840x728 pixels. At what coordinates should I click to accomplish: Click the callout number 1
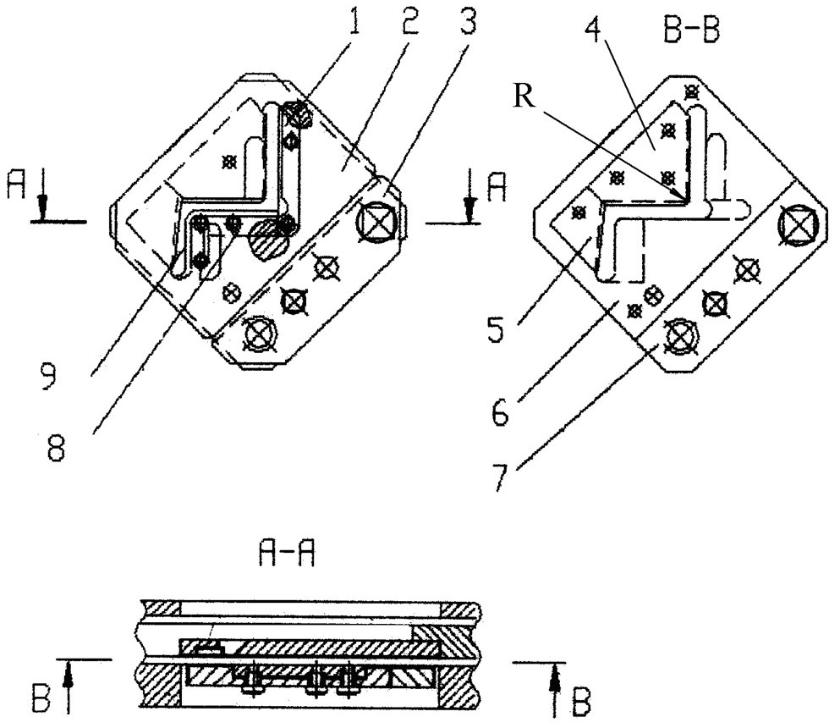(353, 19)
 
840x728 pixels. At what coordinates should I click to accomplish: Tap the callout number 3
(467, 19)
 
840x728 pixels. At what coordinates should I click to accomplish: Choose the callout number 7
(500, 474)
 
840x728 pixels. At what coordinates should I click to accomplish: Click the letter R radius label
(524, 97)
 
